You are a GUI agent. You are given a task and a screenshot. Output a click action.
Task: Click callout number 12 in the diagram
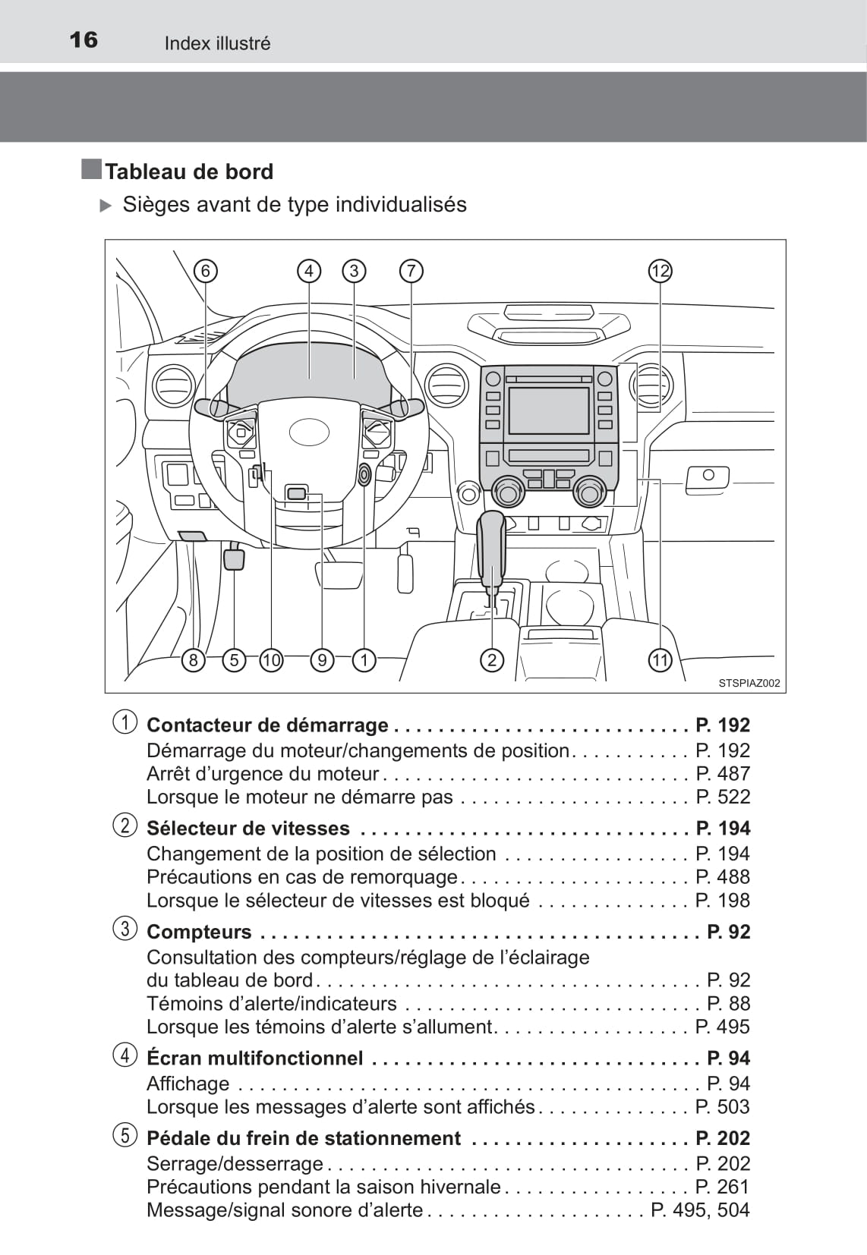[660, 271]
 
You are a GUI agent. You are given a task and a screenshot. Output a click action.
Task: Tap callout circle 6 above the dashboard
[205, 271]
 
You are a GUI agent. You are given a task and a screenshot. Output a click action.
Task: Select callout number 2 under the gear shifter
[492, 660]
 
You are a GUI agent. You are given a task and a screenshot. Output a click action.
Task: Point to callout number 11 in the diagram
[660, 660]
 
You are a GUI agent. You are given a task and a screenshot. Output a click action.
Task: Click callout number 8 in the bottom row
[194, 660]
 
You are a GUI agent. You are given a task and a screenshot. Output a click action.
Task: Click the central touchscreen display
[548, 410]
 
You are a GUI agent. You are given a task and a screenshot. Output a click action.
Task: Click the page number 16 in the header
[84, 39]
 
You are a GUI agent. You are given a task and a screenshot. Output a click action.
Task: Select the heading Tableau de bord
[189, 171]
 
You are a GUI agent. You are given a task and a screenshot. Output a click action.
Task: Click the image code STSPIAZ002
[749, 683]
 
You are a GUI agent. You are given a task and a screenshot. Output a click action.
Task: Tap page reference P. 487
[723, 773]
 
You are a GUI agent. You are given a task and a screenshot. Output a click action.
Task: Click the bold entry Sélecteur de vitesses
[248, 828]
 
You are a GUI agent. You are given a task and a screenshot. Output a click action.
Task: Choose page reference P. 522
[723, 797]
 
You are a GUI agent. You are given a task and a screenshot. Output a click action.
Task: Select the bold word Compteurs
[199, 932]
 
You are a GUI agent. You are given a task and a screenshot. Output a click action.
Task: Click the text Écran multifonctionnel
[254, 1058]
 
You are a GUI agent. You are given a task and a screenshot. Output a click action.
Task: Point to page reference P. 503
[723, 1106]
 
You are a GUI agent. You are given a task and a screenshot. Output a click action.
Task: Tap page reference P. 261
[723, 1187]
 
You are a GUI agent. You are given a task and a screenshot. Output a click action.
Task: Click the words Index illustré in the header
[217, 43]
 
